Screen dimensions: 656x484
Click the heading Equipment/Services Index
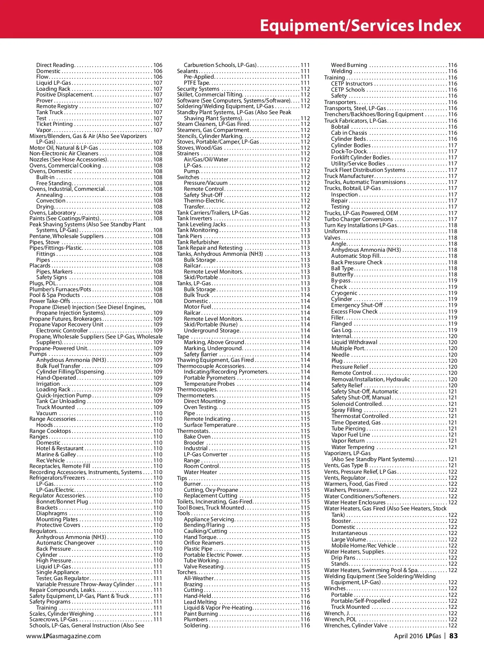[360, 25]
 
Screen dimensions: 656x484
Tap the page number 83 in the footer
[454, 636]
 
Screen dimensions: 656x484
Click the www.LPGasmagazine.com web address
[63, 636]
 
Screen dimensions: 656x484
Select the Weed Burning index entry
[349, 65]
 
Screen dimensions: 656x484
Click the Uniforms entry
[336, 232]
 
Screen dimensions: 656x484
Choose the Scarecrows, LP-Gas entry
[54, 619]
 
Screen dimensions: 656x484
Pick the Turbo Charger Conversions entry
[359, 219]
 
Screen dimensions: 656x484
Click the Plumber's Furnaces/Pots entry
[60, 289]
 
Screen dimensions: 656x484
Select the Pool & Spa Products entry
[55, 295]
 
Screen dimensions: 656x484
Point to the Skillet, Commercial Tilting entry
[210, 94]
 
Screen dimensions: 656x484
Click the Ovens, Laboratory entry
[52, 213]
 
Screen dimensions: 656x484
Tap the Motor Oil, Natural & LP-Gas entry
[64, 148]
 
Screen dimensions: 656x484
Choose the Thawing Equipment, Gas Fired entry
[215, 360]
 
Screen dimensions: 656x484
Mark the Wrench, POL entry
[340, 619]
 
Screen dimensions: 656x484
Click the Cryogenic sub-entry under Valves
[344, 293]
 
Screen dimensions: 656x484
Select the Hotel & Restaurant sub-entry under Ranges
[60, 448]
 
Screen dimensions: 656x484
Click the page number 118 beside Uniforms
[453, 232]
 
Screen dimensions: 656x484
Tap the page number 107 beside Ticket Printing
[158, 124]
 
